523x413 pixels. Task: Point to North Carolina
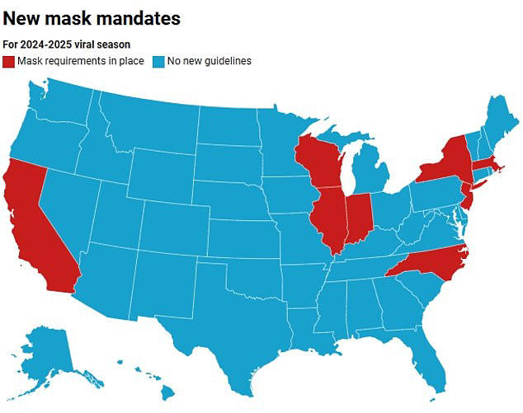pyautogui.click(x=433, y=263)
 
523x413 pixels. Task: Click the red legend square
pyautogui.click(x=9, y=61)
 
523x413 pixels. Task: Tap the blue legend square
pyautogui.click(x=159, y=61)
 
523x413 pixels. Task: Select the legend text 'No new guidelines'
pyautogui.click(x=210, y=61)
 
